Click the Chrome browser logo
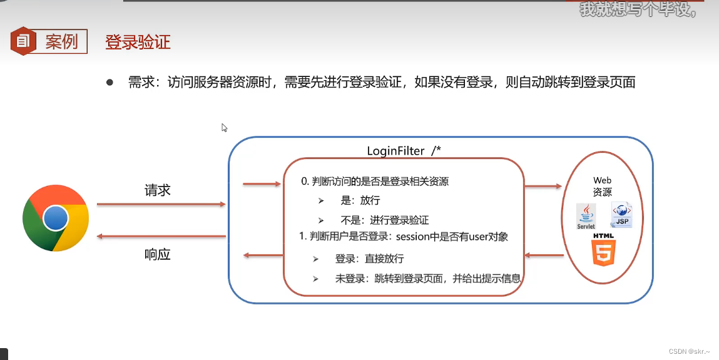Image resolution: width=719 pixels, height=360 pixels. [x=56, y=219]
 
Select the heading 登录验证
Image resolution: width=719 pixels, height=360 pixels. [x=138, y=42]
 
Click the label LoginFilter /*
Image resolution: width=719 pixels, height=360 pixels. [x=404, y=151]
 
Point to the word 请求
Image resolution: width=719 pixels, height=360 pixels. [x=158, y=190]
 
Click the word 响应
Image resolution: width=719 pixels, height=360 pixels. [x=158, y=254]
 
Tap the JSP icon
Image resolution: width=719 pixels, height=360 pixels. [x=622, y=215]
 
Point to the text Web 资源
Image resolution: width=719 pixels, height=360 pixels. [x=603, y=187]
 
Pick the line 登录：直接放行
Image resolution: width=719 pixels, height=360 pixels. [x=369, y=259]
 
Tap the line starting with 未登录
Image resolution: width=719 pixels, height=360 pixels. [x=427, y=278]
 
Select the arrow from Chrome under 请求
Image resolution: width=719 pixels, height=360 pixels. [x=161, y=204]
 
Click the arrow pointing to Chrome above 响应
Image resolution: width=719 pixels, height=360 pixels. [x=161, y=237]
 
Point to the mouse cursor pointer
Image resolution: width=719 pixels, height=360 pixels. [x=224, y=128]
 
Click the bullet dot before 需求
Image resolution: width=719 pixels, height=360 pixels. [x=110, y=82]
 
